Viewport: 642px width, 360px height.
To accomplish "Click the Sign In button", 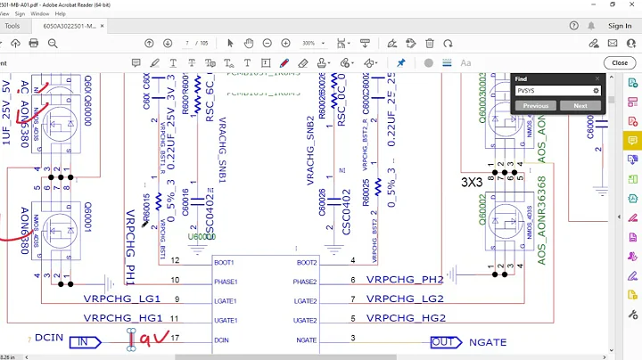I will click(x=619, y=26).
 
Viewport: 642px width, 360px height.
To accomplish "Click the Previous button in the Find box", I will click(x=535, y=105).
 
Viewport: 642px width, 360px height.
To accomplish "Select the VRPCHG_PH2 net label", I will click(x=405, y=279).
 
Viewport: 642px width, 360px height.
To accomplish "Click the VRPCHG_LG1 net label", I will click(x=122, y=299).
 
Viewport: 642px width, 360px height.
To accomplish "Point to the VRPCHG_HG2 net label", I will click(x=405, y=318).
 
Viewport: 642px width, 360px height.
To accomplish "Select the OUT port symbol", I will click(x=442, y=341).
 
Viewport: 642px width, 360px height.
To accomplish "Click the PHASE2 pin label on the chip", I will click(x=306, y=282).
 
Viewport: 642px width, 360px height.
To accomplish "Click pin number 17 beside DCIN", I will click(x=176, y=338).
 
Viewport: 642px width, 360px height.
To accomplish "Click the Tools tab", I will click(x=12, y=26).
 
